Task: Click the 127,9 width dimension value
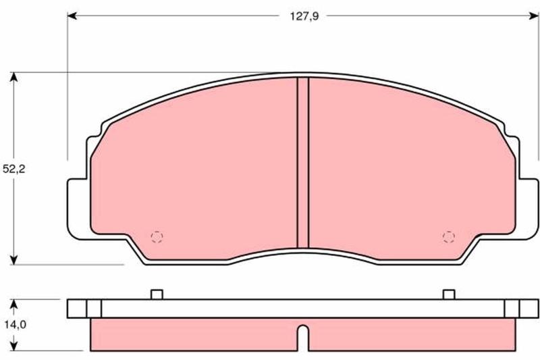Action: (x=304, y=16)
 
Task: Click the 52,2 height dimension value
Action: (x=14, y=169)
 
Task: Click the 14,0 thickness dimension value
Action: (x=15, y=324)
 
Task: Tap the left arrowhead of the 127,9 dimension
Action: (x=72, y=16)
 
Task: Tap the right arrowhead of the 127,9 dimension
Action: (x=534, y=16)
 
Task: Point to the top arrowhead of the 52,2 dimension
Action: (x=13, y=77)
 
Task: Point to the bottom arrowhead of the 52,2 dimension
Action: (x=13, y=260)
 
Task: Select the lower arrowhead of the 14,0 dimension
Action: (x=13, y=346)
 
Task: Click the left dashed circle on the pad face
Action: (x=157, y=236)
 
